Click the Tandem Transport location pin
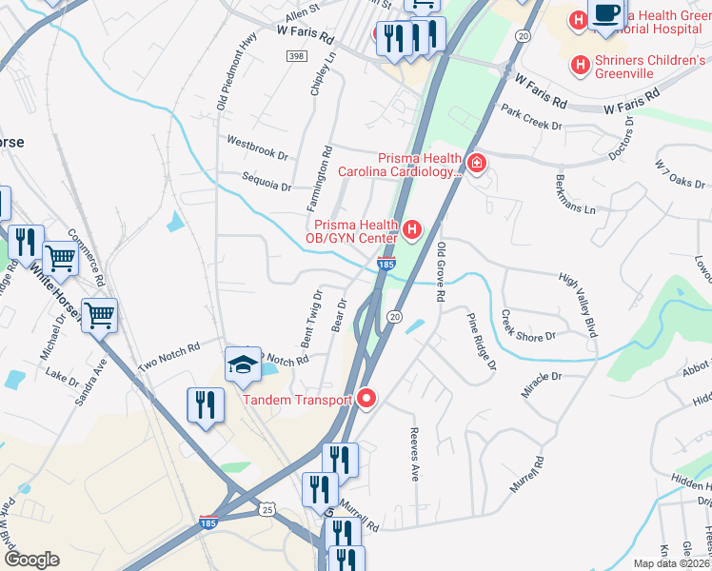pos(367,400)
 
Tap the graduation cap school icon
pos(243,364)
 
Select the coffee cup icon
pos(606,13)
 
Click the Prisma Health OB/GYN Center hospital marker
pos(412,228)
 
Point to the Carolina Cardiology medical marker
pos(475,165)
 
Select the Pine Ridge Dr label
pos(481,341)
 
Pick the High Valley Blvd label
pos(580,305)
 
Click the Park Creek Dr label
pos(533,118)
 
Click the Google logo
pos(31,559)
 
